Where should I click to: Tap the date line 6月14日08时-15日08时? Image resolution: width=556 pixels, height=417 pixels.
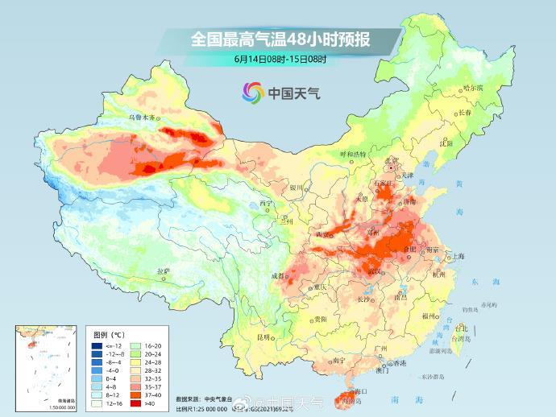(280, 60)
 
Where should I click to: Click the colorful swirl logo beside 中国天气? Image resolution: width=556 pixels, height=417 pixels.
(251, 93)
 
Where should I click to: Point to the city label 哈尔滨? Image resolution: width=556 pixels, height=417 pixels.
(473, 87)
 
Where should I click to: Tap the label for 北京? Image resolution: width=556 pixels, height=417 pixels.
(392, 160)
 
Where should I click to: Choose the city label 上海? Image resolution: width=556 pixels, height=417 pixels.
(458, 256)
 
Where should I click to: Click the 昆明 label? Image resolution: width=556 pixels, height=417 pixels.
(263, 336)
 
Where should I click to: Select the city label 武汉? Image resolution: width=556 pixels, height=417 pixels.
(375, 271)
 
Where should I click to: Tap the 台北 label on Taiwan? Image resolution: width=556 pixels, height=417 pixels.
(461, 328)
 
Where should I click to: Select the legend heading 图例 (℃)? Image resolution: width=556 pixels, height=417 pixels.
(108, 333)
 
